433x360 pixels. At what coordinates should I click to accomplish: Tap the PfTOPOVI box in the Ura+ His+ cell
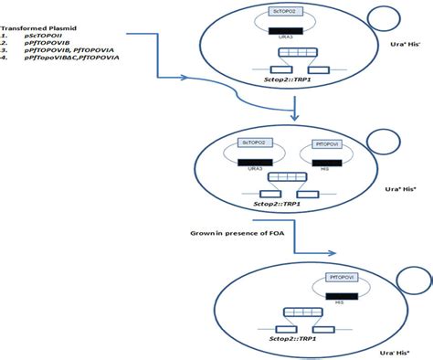pos(326,143)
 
